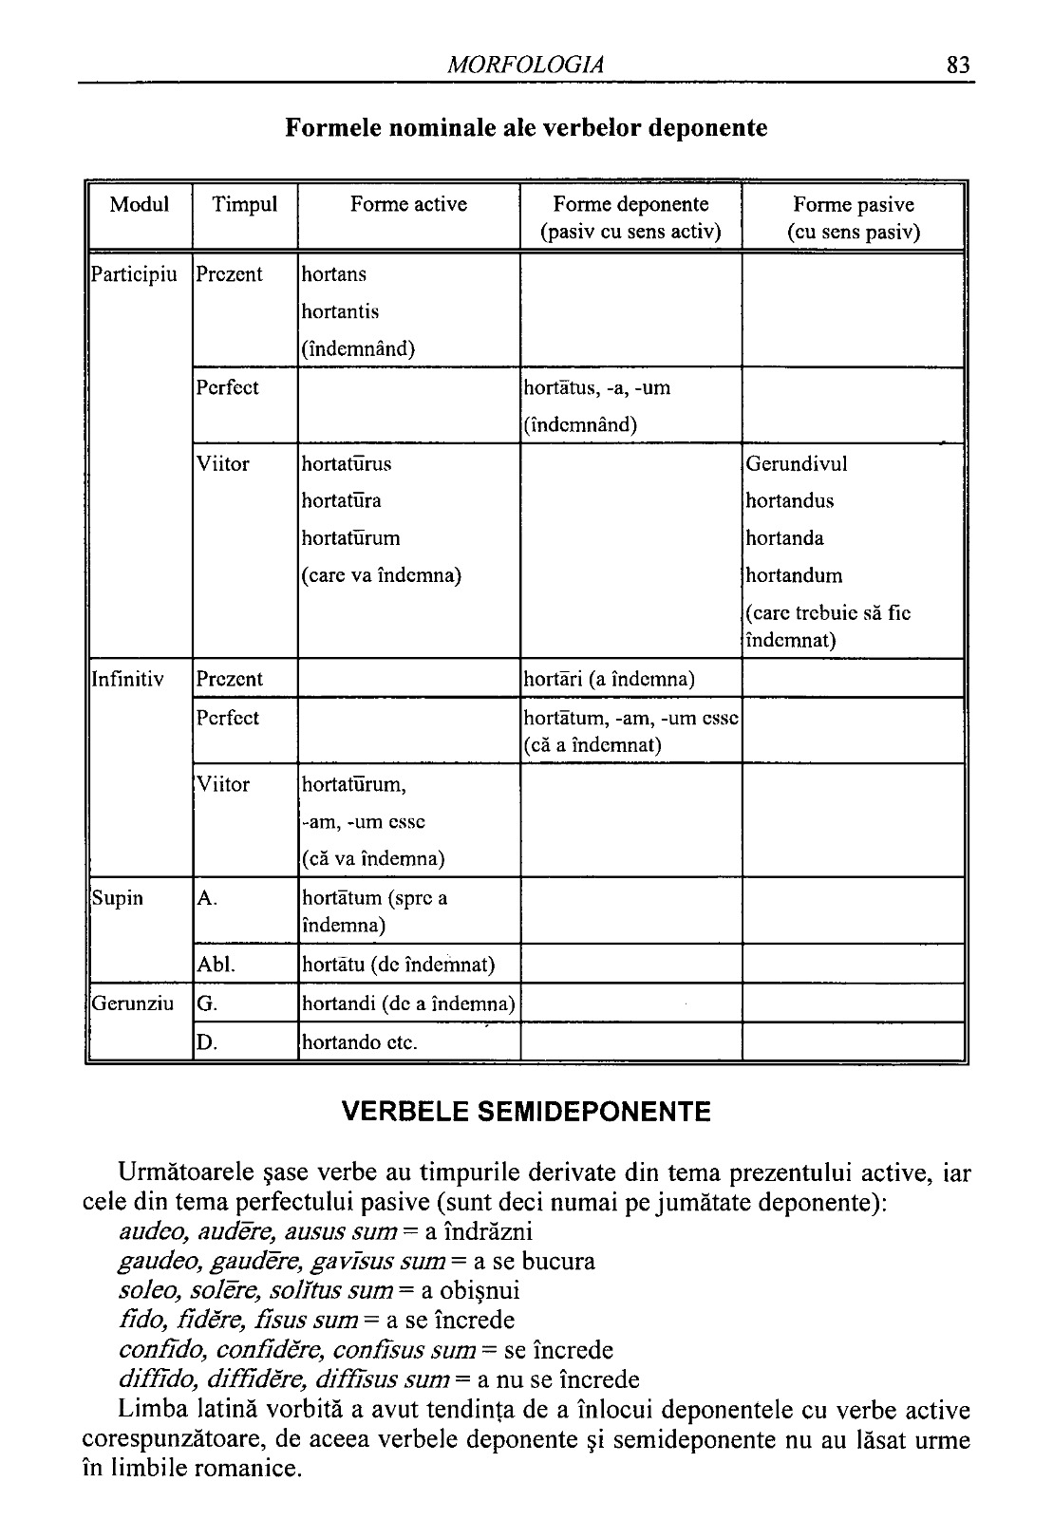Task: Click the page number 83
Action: pos(957,66)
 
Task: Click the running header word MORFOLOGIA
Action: pos(525,66)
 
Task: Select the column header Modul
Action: pos(140,205)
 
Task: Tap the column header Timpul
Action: pos(245,205)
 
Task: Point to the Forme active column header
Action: pos(408,205)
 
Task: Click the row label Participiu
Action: pos(134,275)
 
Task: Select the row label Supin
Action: pos(117,898)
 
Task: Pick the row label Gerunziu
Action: pos(132,1003)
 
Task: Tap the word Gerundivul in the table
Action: pos(797,464)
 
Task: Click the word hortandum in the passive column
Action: pos(794,576)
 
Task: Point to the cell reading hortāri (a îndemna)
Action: pos(609,680)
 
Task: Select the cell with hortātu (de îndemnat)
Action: pos(398,966)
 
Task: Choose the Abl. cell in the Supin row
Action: pos(216,966)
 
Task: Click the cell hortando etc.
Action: pos(359,1043)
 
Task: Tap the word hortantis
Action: pos(340,312)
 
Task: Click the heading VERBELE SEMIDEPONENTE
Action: pos(526,1113)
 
